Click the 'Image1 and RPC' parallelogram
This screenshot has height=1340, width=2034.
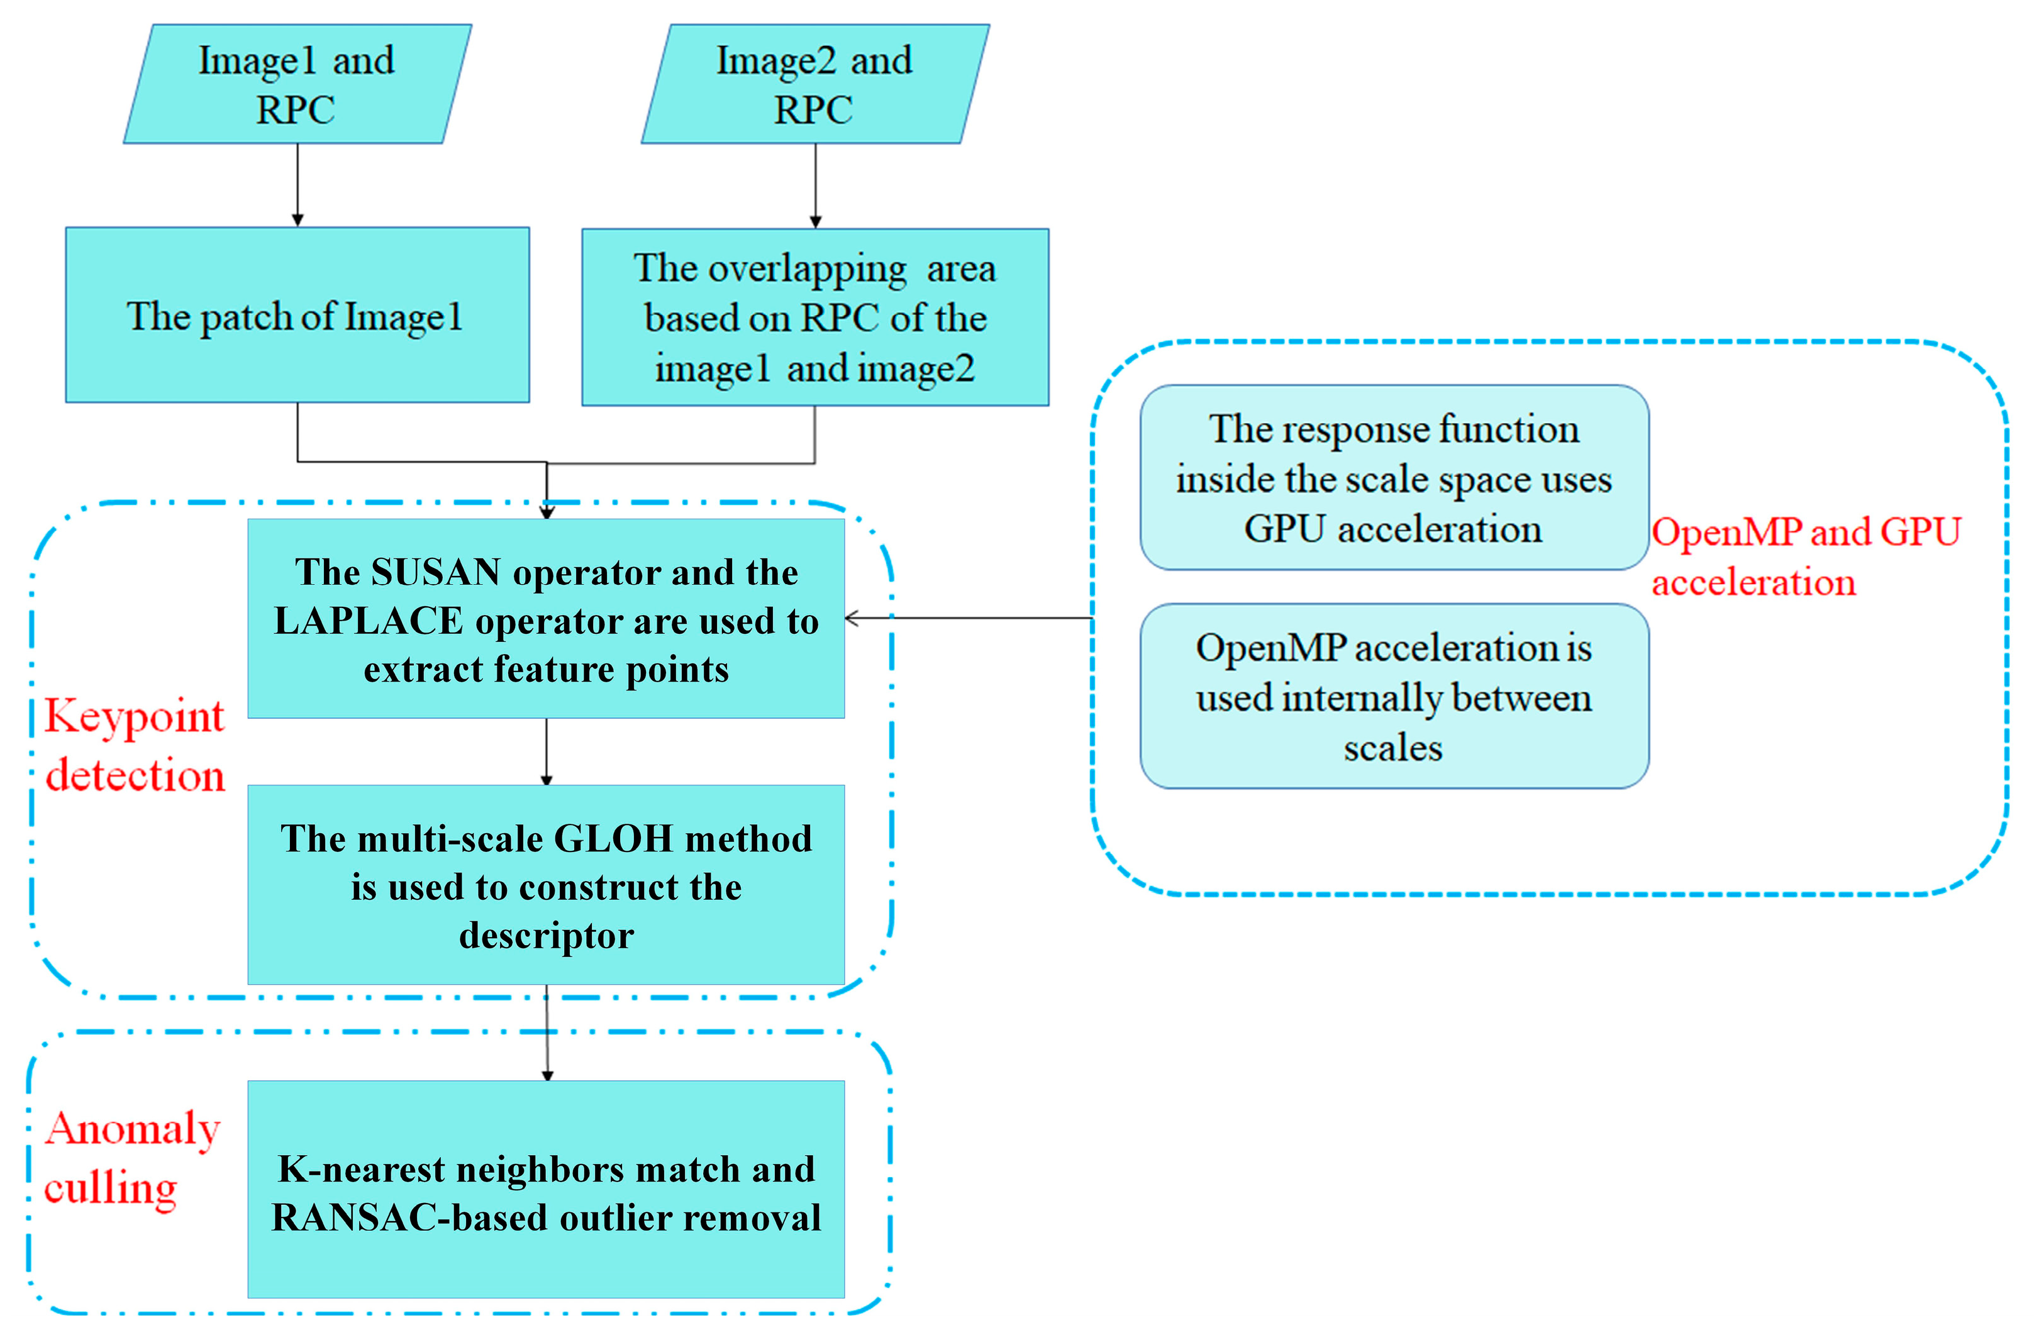coord(297,84)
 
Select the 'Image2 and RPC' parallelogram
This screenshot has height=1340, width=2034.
coord(814,84)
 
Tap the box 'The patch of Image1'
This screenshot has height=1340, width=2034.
coord(297,315)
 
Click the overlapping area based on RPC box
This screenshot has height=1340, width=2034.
coord(814,317)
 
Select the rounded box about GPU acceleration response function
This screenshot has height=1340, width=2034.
coord(1393,478)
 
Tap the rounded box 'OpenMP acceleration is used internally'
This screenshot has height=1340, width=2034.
coord(1393,697)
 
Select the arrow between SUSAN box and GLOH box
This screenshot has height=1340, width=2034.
coord(547,752)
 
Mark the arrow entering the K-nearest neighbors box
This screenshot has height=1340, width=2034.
coord(547,1034)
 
